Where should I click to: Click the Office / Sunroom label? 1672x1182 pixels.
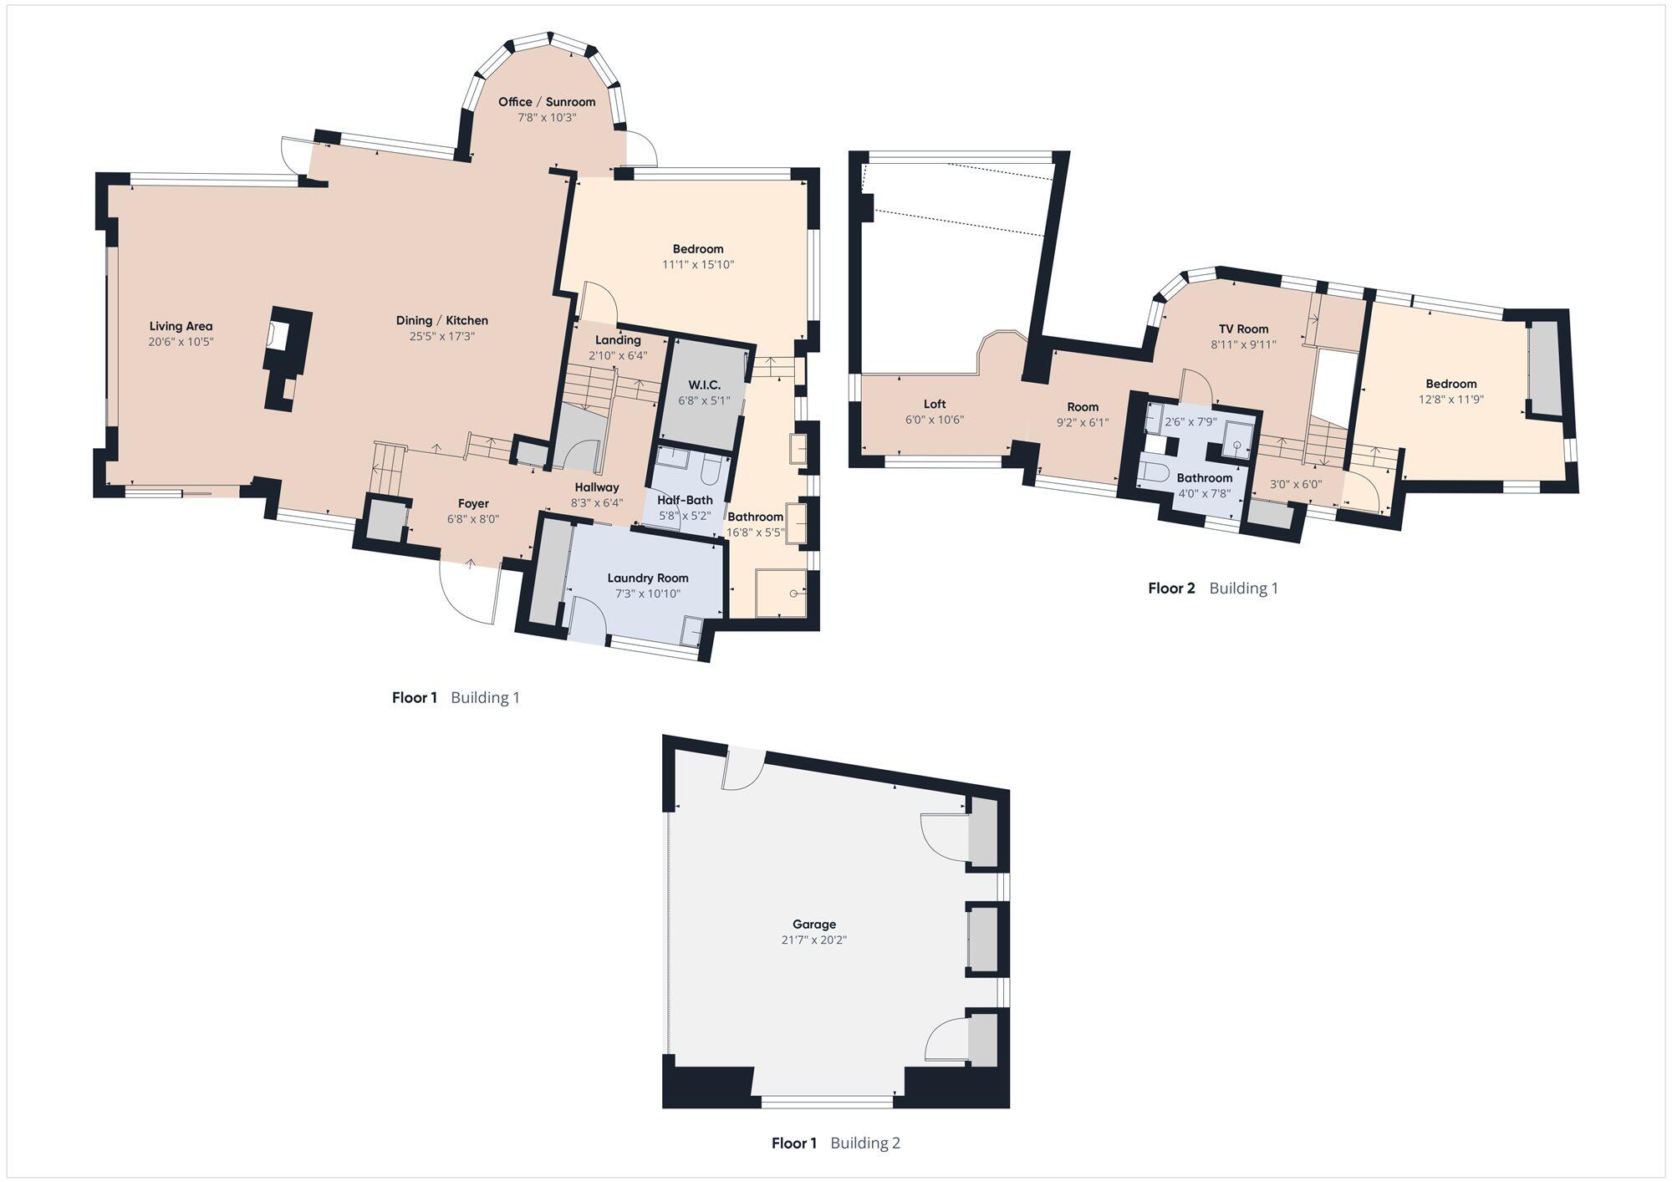[x=547, y=102]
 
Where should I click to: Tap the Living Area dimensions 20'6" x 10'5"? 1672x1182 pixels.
[x=181, y=342]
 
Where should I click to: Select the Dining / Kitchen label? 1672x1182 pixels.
[x=441, y=320]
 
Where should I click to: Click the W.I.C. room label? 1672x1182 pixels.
[x=704, y=385]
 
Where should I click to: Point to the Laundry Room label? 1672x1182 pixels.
[x=648, y=578]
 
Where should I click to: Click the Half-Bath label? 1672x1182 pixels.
[x=685, y=500]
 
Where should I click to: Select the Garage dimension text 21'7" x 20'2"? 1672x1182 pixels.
[x=813, y=940]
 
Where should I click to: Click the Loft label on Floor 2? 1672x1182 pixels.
[x=935, y=404]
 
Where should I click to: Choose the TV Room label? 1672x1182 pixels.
[x=1243, y=329]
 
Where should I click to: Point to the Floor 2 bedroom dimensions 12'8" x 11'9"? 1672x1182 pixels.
[x=1450, y=400]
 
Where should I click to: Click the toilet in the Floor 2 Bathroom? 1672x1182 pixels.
[x=1154, y=471]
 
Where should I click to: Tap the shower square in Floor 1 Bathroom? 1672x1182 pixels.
[x=781, y=593]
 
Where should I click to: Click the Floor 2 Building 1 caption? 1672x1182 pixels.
[x=1212, y=588]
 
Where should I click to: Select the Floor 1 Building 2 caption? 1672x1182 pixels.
[x=835, y=1143]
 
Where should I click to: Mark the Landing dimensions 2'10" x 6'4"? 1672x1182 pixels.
[x=618, y=355]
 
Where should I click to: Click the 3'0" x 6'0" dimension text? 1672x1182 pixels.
[x=1295, y=484]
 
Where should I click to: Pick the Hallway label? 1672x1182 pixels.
[x=597, y=487]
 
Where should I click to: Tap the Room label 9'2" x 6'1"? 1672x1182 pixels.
[x=1082, y=407]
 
